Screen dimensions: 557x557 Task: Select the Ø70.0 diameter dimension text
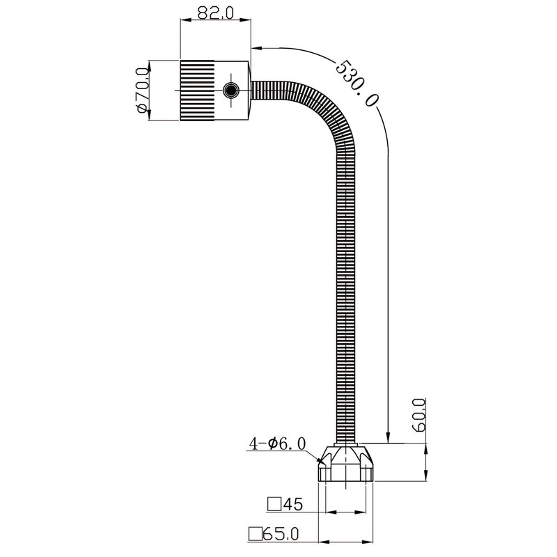(x=141, y=90)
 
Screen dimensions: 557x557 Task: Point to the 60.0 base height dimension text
(x=418, y=416)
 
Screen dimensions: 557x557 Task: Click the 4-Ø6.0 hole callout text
(x=277, y=443)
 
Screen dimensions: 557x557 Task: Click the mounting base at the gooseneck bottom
(x=346, y=465)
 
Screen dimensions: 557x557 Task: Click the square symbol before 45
(x=274, y=503)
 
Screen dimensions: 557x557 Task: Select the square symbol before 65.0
(x=256, y=534)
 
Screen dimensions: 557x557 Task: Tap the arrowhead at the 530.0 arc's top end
(x=256, y=49)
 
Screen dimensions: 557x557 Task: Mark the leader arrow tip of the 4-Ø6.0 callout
(x=322, y=460)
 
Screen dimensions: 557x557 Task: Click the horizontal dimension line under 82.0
(x=214, y=25)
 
